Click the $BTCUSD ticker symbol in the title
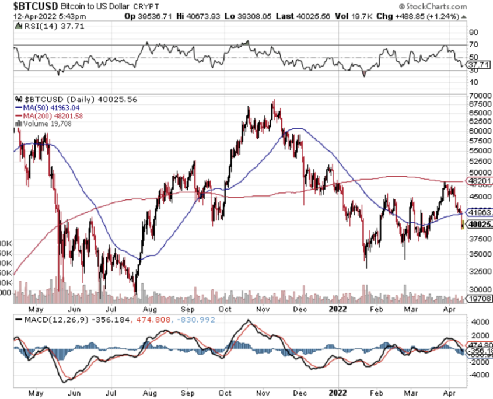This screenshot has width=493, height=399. point(29,6)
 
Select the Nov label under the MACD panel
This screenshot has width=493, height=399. point(262,393)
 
